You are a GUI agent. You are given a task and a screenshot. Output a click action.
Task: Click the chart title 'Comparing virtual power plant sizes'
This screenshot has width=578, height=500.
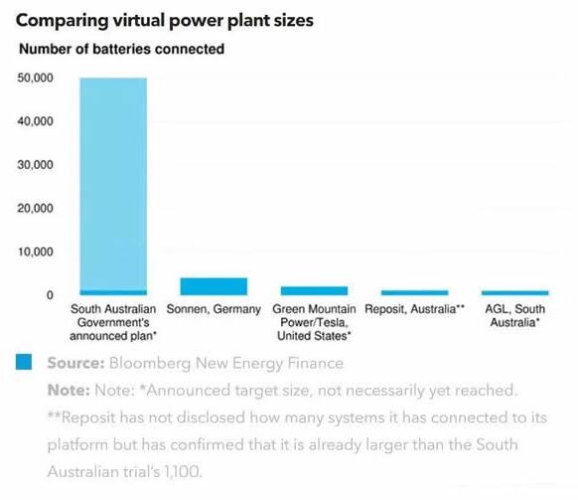165,20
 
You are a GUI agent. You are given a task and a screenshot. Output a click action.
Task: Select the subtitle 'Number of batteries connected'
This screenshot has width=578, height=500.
121,49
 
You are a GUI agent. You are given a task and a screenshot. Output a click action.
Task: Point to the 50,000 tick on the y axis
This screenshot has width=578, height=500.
35,78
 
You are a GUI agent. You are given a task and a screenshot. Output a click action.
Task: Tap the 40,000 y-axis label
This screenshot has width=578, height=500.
35,121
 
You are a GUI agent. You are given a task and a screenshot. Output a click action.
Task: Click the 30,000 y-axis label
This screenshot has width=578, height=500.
35,165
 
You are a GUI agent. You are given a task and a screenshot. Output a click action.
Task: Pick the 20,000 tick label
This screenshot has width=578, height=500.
35,208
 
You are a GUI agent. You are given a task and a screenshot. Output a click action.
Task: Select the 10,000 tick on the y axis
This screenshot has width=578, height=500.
35,251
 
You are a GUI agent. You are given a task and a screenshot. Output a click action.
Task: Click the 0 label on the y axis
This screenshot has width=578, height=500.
50,295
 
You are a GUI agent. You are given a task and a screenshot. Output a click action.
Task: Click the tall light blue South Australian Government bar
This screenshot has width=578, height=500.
113,184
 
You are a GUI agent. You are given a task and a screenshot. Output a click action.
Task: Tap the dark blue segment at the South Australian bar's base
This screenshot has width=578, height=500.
113,293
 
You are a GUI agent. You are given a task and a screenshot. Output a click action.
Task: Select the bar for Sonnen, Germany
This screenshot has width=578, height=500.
214,286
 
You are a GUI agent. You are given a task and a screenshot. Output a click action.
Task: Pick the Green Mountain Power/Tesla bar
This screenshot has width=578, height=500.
314,291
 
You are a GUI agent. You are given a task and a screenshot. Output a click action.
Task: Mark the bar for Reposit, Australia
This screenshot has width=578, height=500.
415,293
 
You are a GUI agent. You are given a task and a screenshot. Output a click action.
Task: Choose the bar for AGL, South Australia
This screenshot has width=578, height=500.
515,293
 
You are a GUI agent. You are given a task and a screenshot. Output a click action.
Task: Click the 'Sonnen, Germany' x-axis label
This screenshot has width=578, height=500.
214,309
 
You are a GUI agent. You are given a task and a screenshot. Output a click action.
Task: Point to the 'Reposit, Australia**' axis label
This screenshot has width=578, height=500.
414,309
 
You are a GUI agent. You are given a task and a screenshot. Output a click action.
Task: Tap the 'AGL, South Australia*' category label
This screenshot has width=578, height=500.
515,315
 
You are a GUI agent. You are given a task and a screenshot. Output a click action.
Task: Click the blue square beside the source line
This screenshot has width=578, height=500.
24,362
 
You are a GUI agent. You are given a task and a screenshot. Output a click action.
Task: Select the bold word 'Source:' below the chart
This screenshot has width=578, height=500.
75,363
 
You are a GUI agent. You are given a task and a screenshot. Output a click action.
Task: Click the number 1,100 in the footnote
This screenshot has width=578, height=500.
183,471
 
